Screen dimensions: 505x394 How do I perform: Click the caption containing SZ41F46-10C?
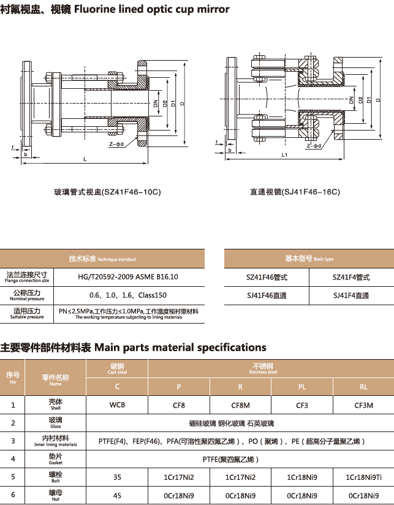point(107,192)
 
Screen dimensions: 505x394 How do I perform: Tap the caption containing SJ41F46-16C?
point(294,192)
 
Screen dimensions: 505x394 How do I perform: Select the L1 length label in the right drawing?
point(285,155)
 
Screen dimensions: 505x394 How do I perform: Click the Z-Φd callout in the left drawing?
point(116,145)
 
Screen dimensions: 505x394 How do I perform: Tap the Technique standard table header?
point(102,259)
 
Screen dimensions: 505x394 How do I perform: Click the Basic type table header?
point(309,259)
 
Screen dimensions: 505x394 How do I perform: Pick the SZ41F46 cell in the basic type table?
point(267,277)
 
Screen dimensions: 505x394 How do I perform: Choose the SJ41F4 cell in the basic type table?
point(351,295)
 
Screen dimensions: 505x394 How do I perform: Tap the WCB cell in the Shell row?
point(117,405)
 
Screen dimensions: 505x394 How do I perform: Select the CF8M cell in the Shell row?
point(240,405)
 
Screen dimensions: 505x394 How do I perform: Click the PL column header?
point(302,387)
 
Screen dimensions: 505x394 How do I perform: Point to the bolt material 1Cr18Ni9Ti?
point(363,477)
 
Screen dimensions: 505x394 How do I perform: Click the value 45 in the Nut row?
point(117,495)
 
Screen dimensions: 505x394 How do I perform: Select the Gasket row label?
point(56,458)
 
